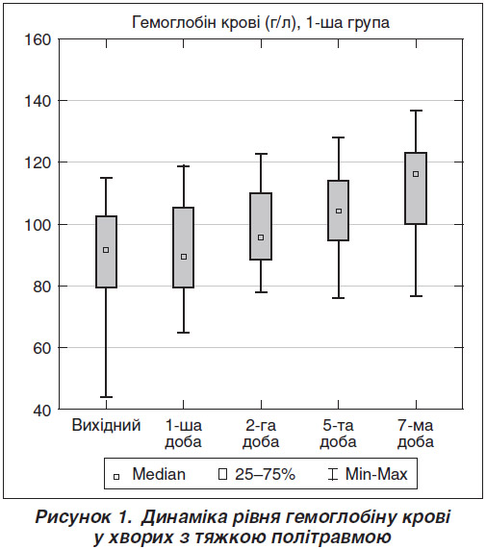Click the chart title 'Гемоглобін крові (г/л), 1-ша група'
(x=261, y=23)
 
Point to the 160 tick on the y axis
(x=38, y=39)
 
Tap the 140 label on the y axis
(x=38, y=101)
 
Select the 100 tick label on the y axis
(x=38, y=225)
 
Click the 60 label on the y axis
(x=42, y=348)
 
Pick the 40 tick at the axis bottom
(x=42, y=411)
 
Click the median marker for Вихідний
(x=106, y=250)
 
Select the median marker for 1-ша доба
(x=184, y=257)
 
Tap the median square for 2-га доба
(x=261, y=237)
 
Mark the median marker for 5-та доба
(x=339, y=212)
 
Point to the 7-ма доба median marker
(x=416, y=174)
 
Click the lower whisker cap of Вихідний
(x=106, y=397)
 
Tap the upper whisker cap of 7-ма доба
(x=416, y=111)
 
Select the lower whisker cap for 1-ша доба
(x=184, y=333)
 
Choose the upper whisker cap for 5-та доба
(x=339, y=137)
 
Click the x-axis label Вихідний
(x=106, y=426)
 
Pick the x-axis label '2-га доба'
(x=261, y=434)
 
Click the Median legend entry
(x=149, y=475)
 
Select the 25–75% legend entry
(x=257, y=475)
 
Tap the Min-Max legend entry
(x=368, y=475)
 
